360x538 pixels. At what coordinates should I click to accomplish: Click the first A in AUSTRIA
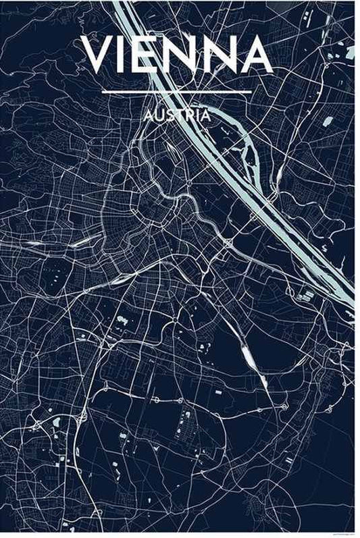pos(148,115)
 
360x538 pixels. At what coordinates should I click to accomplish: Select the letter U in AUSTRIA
pos(158,115)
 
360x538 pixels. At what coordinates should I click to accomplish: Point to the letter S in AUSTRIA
pos(168,115)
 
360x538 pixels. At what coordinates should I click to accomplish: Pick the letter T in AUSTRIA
pos(178,115)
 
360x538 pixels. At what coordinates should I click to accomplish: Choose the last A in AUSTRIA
pos(205,115)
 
